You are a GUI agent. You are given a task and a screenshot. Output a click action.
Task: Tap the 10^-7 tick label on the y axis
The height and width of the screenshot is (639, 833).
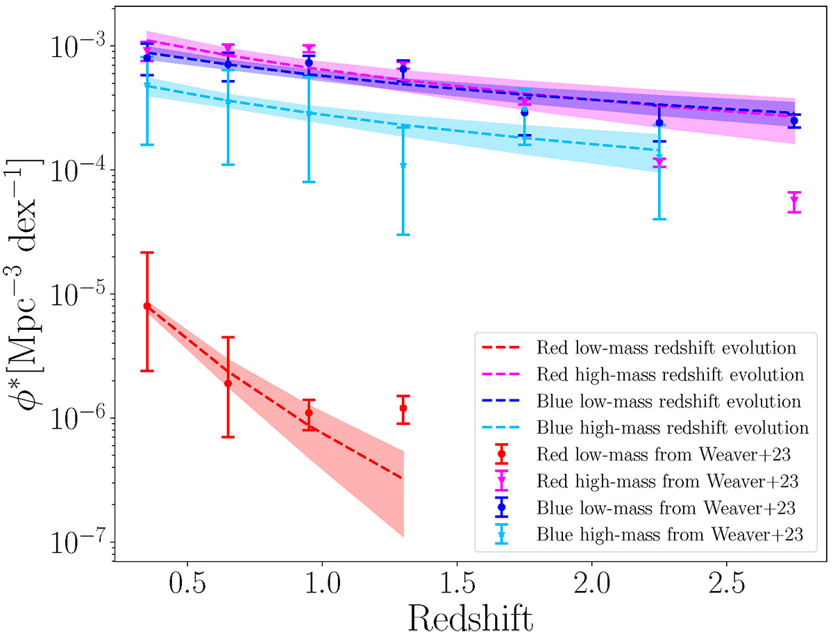(75, 542)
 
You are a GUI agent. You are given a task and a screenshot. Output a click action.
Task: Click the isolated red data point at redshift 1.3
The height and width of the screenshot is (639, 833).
(403, 408)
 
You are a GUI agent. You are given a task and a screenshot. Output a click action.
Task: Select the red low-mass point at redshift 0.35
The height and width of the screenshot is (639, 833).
(147, 306)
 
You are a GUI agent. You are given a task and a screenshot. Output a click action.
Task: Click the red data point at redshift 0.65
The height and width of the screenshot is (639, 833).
(228, 383)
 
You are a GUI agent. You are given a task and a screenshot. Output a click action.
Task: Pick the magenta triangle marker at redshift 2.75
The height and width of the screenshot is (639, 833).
(794, 201)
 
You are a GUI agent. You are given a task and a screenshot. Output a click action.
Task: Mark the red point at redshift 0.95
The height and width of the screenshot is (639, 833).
(309, 412)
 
